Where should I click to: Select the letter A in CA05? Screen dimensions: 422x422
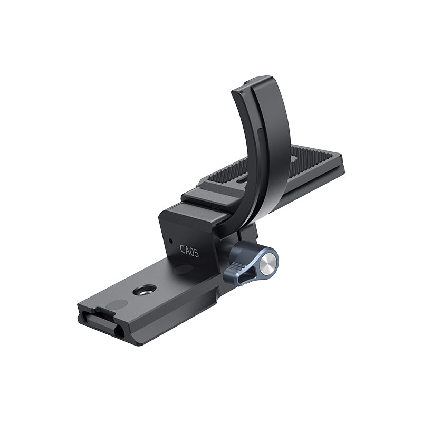187,250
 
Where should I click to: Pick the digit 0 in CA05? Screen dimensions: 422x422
191,252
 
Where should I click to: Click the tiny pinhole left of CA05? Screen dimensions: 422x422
170,241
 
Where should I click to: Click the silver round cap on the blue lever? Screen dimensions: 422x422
270,258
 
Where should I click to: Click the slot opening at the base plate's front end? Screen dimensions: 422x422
103,322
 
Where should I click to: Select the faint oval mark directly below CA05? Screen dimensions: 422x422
182,270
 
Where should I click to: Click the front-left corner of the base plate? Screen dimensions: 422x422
79,311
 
